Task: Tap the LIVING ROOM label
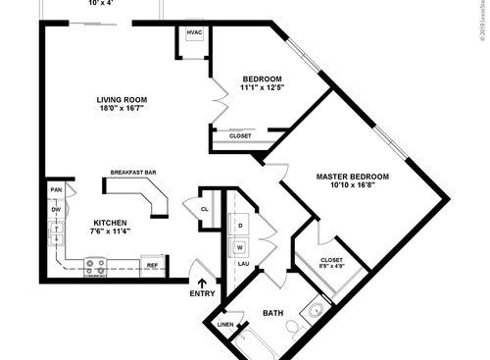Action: (x=122, y=100)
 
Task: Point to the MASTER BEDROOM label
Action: (x=352, y=177)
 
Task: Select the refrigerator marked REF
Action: (x=152, y=265)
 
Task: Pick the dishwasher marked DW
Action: (x=56, y=209)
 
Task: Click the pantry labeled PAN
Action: (x=57, y=189)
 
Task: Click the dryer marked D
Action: (x=240, y=225)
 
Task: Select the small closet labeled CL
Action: (x=204, y=208)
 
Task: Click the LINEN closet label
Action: (x=225, y=324)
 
